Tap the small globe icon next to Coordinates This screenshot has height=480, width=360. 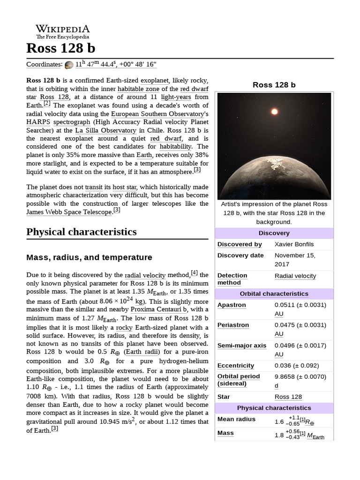tap(69, 65)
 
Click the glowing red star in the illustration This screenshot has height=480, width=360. tap(274, 112)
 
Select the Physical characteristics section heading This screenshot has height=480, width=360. tap(82, 232)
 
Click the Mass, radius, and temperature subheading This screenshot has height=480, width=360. tap(89, 257)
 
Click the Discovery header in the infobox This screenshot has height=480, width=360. tap(274, 233)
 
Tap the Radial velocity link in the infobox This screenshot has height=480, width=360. tap(295, 276)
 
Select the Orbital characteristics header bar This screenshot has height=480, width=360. tap(274, 294)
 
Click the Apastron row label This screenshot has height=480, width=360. tap(232, 305)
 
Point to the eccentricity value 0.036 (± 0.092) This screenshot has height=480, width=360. tap(296, 366)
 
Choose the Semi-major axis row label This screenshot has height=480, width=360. tap(241, 345)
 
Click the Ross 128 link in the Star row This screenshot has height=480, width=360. tap(288, 397)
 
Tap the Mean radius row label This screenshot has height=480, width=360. tap(236, 419)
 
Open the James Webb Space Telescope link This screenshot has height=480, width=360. tap(69, 212)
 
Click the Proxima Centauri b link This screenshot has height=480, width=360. tap(159, 310)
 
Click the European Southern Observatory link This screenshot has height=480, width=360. tap(159, 114)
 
